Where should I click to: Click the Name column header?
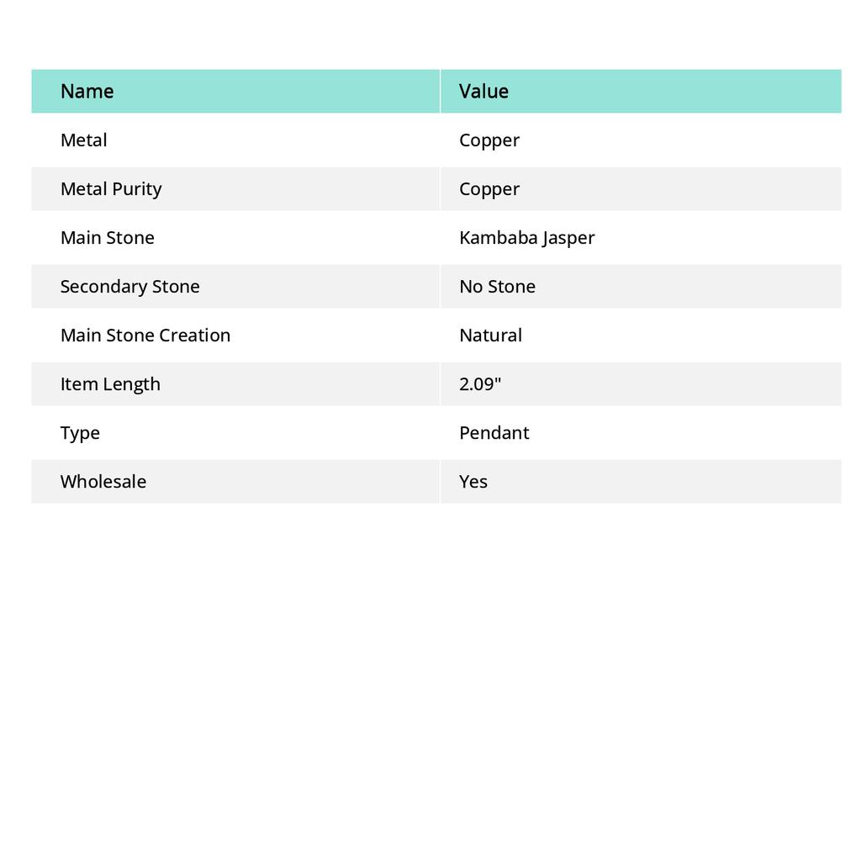(87, 92)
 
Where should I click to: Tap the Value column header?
(483, 92)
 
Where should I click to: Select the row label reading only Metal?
(83, 140)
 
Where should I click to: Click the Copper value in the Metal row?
(489, 140)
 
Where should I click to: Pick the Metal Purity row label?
(110, 189)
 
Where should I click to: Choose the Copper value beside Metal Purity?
(489, 189)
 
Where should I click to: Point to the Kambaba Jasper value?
(526, 238)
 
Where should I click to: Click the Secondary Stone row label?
(129, 287)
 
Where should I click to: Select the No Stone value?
(497, 287)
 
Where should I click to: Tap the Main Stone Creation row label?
(145, 335)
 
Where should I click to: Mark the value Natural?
(490, 335)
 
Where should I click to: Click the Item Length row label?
(109, 384)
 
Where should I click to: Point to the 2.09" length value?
(479, 384)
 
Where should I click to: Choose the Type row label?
(80, 433)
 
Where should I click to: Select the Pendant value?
(494, 433)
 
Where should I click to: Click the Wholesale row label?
(103, 482)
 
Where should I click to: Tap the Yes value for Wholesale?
(473, 482)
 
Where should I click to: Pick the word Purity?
(137, 189)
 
